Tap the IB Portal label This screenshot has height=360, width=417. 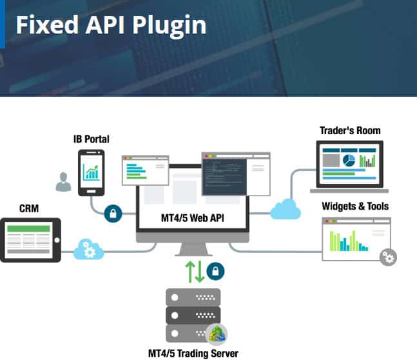coord(91,139)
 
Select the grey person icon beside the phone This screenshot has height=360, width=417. coord(63,183)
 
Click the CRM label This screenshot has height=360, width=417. coord(30,208)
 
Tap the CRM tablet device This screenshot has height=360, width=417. coord(30,240)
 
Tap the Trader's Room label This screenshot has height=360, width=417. coord(350,130)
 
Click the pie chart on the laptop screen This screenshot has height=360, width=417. coord(349,159)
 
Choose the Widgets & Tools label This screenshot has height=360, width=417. coord(355,206)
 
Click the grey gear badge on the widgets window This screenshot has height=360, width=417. coord(388,257)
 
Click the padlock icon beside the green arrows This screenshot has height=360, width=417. coord(216,270)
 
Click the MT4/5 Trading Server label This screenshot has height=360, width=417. coord(193,353)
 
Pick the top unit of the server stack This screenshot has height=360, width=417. coord(193,297)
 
